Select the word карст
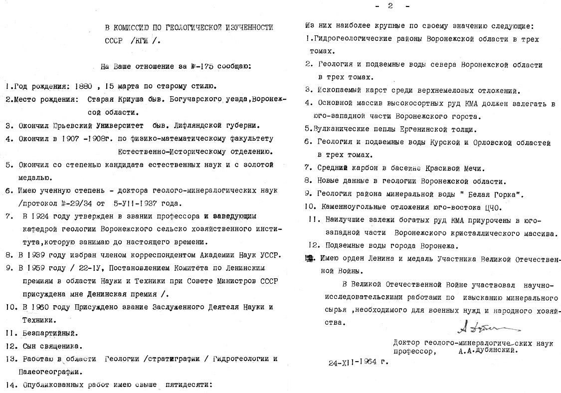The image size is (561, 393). pyautogui.click(x=381, y=90)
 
